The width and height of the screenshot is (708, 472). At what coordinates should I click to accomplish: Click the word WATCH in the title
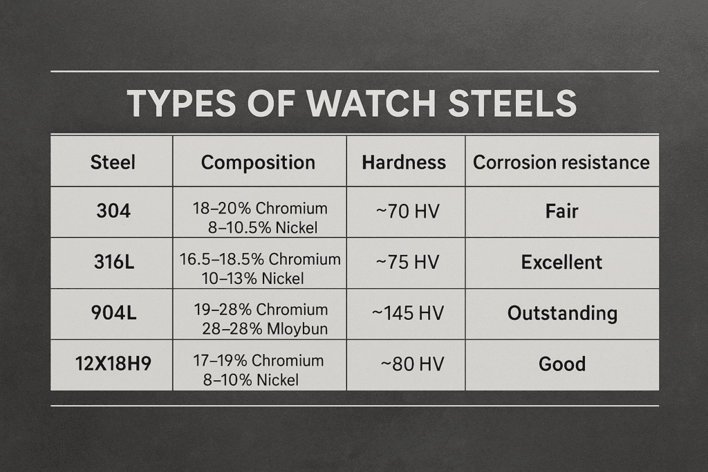coord(371,104)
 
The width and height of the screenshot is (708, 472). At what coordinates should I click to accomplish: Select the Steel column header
coord(113,162)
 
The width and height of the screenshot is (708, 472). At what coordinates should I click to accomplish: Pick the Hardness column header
coord(404,162)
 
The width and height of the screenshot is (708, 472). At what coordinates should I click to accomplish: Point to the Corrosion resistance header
coord(561,162)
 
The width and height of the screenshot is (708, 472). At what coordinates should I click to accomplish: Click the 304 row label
coord(113,211)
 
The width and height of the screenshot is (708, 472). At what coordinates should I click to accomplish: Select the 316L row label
coord(114,262)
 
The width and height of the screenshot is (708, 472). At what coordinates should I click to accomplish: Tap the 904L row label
coord(113,313)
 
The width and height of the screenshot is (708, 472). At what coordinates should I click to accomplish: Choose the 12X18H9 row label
coord(113,364)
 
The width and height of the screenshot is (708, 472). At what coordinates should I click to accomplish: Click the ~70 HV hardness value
coord(407,211)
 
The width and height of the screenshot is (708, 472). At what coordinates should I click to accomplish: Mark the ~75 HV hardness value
coord(407,262)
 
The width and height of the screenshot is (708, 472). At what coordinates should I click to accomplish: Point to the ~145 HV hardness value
coord(408,313)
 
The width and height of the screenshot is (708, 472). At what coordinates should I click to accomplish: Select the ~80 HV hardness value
coord(412,364)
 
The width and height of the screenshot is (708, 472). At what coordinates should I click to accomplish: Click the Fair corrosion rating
coord(561,211)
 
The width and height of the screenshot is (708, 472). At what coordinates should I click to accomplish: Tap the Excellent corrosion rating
coord(561,262)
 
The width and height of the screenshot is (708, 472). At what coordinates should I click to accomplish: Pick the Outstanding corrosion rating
coord(562,314)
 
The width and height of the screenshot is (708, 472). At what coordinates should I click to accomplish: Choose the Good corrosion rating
coord(562,364)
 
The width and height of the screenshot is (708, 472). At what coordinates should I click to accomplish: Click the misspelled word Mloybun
coord(297,329)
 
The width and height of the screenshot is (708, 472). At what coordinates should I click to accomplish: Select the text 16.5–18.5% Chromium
coord(260,259)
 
